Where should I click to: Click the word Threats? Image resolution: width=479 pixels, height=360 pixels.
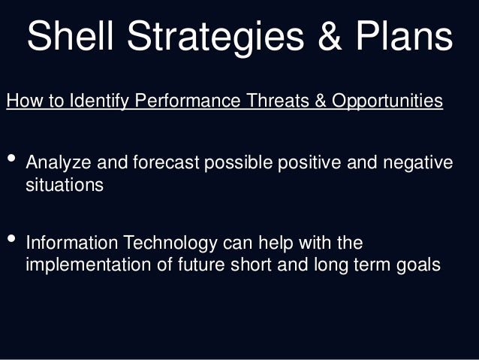(x=280, y=101)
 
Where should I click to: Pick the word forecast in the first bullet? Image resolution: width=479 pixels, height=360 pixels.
(x=158, y=163)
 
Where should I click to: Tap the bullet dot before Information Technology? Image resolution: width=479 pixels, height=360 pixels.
(x=11, y=241)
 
